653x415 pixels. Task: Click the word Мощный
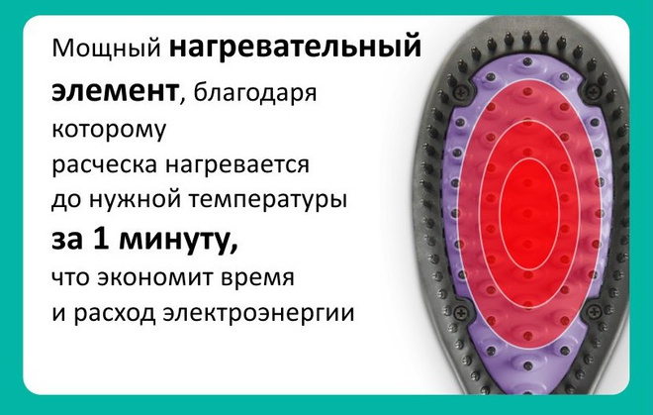point(106,49)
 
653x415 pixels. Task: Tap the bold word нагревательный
point(295,46)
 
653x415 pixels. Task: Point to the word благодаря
point(255,94)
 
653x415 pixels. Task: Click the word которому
point(109,130)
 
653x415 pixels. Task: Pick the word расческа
point(105,165)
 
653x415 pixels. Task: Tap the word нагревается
point(237,165)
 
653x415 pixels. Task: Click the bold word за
point(66,241)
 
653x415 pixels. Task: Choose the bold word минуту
point(178,241)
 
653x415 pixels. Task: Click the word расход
point(115,313)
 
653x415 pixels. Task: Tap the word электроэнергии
point(258,313)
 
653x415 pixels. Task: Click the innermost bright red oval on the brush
point(529,214)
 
